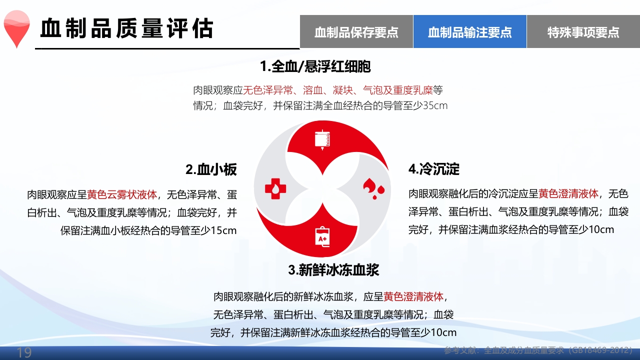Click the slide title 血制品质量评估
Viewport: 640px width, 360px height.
[x=126, y=28]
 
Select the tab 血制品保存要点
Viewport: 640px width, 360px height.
[x=356, y=32]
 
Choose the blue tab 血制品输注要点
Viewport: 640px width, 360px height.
[x=470, y=32]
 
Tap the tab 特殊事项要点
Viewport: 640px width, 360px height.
[x=583, y=32]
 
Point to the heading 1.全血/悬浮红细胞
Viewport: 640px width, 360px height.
[x=315, y=66]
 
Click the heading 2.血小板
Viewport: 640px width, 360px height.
[x=211, y=169]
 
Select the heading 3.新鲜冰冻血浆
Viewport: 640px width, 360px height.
[x=333, y=270]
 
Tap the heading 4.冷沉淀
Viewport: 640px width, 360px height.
[x=434, y=169]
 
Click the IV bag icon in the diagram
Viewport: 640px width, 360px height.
[x=322, y=139]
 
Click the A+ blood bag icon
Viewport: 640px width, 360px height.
[x=322, y=236]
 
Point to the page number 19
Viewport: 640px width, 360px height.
[x=24, y=352]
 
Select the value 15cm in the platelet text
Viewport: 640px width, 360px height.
[x=223, y=230]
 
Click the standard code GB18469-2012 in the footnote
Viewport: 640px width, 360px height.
[x=600, y=350]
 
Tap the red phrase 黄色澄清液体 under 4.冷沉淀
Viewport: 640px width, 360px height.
[x=568, y=194]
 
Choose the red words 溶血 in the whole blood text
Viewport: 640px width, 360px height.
[x=313, y=90]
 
